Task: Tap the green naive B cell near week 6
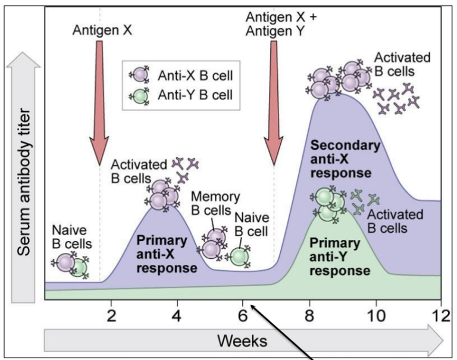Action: [x=239, y=256]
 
